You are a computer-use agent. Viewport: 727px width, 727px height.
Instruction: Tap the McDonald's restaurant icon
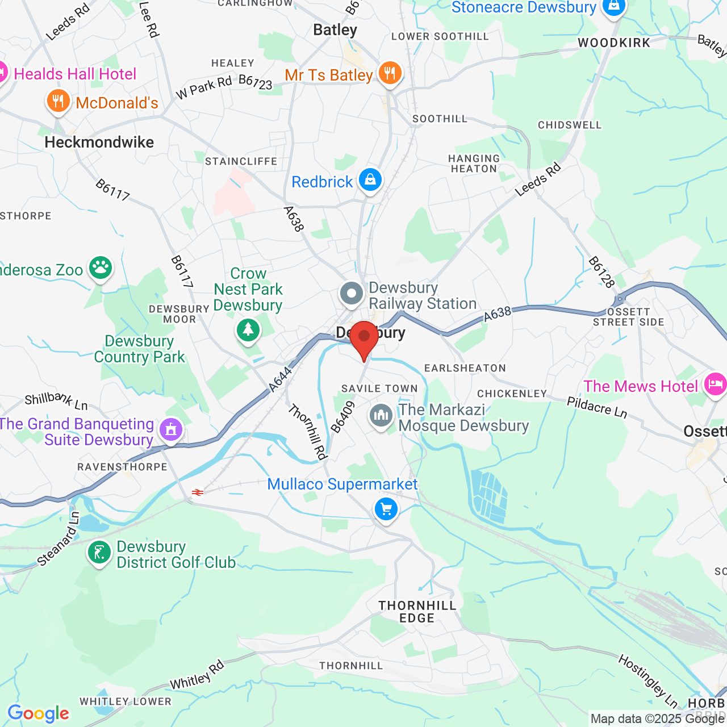58,101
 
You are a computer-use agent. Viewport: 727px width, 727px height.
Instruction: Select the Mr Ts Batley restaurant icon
390,73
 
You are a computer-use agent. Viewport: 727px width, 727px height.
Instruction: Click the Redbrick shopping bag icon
370,180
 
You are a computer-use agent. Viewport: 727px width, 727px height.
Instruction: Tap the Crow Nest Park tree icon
248,329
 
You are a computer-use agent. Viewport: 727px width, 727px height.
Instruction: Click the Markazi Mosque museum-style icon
381,416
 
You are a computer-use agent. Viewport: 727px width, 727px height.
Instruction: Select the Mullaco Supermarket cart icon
386,509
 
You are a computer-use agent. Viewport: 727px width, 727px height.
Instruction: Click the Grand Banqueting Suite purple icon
171,430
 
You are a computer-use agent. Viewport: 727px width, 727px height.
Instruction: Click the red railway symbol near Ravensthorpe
198,492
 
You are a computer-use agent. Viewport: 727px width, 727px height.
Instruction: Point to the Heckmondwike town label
99,142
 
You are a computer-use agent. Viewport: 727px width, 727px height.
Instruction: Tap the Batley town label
335,30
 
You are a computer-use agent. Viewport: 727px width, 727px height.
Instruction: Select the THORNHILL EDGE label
417,612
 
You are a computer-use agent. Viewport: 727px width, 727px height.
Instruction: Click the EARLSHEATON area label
465,368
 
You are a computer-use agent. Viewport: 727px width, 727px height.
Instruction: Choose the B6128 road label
601,272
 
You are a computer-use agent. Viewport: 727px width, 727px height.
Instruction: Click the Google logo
38,713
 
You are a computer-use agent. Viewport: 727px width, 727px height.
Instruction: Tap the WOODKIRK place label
614,43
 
